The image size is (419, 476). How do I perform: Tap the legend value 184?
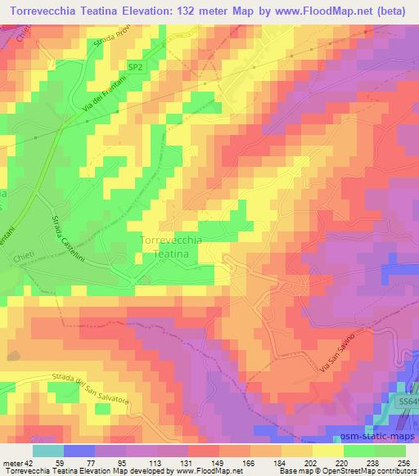[281, 462]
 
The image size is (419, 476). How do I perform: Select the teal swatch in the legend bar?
[48, 451]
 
